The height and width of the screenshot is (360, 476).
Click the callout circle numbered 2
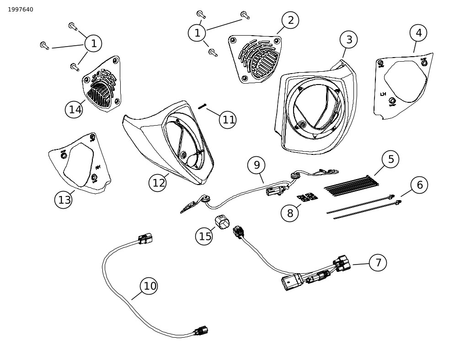coord(290,20)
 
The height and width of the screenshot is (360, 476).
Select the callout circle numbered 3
coord(349,40)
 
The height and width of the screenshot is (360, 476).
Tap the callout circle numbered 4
coord(418,33)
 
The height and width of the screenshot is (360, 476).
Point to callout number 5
coord(390,159)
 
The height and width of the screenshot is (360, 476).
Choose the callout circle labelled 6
coord(419,185)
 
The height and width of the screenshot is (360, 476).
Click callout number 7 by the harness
coord(378,263)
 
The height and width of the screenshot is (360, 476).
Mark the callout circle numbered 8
coord(290,213)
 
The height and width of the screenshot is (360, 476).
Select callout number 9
coord(257,165)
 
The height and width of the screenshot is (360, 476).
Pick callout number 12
coord(158,183)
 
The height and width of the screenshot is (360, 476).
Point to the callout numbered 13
coord(64,200)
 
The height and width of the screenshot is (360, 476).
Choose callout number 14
coord(75,109)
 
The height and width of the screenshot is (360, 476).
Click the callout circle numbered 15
coord(205,236)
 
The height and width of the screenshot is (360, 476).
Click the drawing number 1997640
coord(21,10)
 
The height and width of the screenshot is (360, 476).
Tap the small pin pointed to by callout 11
coord(203,106)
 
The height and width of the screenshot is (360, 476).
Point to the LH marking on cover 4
coord(383,95)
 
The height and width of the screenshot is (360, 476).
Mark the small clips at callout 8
coord(307,197)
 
